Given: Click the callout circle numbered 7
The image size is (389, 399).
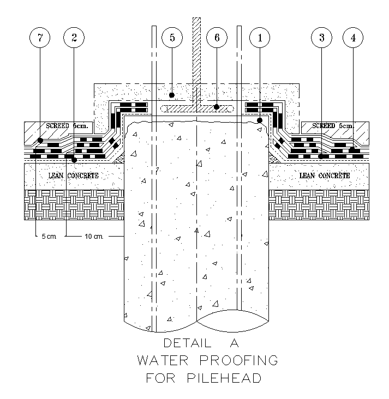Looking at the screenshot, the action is pos(40,38).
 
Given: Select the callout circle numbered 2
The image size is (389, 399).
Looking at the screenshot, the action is pos(74,38).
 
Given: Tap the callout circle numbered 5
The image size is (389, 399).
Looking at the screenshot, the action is pos(172,38).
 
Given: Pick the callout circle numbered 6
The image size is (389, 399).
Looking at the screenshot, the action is pos(217,38).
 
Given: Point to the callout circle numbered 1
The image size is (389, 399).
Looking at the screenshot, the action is pos(260,38).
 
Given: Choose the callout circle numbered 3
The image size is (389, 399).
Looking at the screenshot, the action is pos(321,38).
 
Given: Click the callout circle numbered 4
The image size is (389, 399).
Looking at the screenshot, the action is pos(353,38).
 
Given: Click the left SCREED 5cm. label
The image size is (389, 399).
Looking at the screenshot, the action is pos(67,126).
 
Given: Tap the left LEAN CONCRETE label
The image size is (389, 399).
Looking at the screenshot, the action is pos(73,176).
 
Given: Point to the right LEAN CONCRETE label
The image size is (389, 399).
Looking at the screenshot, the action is pos(325,176).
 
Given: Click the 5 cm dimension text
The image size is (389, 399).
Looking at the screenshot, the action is pos(49,237).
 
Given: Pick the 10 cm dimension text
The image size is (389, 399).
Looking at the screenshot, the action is pos(94,237).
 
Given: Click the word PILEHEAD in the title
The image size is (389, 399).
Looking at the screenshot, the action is pos(224,378).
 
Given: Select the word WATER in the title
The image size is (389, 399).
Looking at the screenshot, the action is pos(163,360).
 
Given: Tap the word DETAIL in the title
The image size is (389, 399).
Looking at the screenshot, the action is pos(187,343).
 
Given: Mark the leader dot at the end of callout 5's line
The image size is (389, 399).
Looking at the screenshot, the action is pos(172,95).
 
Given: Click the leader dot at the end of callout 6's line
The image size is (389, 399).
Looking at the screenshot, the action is pos(217,107).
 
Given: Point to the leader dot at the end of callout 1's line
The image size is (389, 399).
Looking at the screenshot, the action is pos(260,120).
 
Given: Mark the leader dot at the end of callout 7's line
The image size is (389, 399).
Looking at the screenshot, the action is pos(40,140).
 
